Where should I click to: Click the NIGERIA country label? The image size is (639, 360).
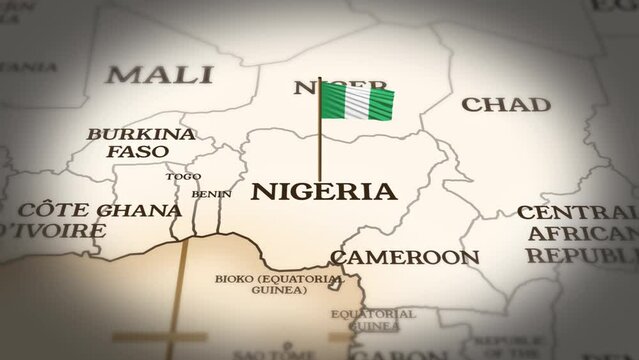pyautogui.click(x=323, y=191)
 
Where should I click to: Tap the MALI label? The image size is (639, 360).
pyautogui.click(x=161, y=74)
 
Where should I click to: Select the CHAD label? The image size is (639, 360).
pyautogui.click(x=506, y=104)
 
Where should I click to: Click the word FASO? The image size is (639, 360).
pyautogui.click(x=138, y=151)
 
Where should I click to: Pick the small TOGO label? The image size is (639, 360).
pyautogui.click(x=183, y=176)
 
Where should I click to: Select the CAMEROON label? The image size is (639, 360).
pyautogui.click(x=405, y=257)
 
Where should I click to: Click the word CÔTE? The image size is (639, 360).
pyautogui.click(x=58, y=211)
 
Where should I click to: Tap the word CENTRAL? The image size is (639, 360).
pyautogui.click(x=576, y=213)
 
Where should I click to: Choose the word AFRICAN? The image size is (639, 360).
pyautogui.click(x=584, y=234)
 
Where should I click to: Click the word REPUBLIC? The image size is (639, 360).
pyautogui.click(x=583, y=256)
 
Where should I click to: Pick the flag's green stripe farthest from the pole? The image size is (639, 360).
pyautogui.click(x=381, y=102)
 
